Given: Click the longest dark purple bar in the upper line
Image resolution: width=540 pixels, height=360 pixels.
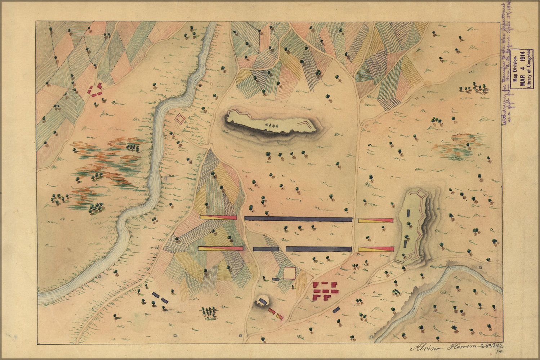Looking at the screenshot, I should (x=298, y=219).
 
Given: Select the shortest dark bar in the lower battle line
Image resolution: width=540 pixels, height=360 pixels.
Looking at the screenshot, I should (x=265, y=249).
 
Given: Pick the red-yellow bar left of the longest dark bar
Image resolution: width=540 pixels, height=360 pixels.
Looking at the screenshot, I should (x=218, y=217).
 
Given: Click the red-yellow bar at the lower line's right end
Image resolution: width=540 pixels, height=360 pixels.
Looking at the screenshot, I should (x=376, y=248).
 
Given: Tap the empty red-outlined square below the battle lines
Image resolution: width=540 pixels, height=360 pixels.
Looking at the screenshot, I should (x=289, y=273).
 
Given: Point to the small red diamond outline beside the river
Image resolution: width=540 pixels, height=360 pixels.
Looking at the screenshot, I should (x=179, y=118).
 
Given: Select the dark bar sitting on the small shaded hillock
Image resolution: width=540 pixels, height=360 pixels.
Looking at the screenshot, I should (x=263, y=300).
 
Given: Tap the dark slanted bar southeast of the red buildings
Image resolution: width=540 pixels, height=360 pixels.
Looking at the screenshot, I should (x=336, y=309).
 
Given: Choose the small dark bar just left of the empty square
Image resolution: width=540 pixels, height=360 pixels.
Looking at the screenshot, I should (x=276, y=279).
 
